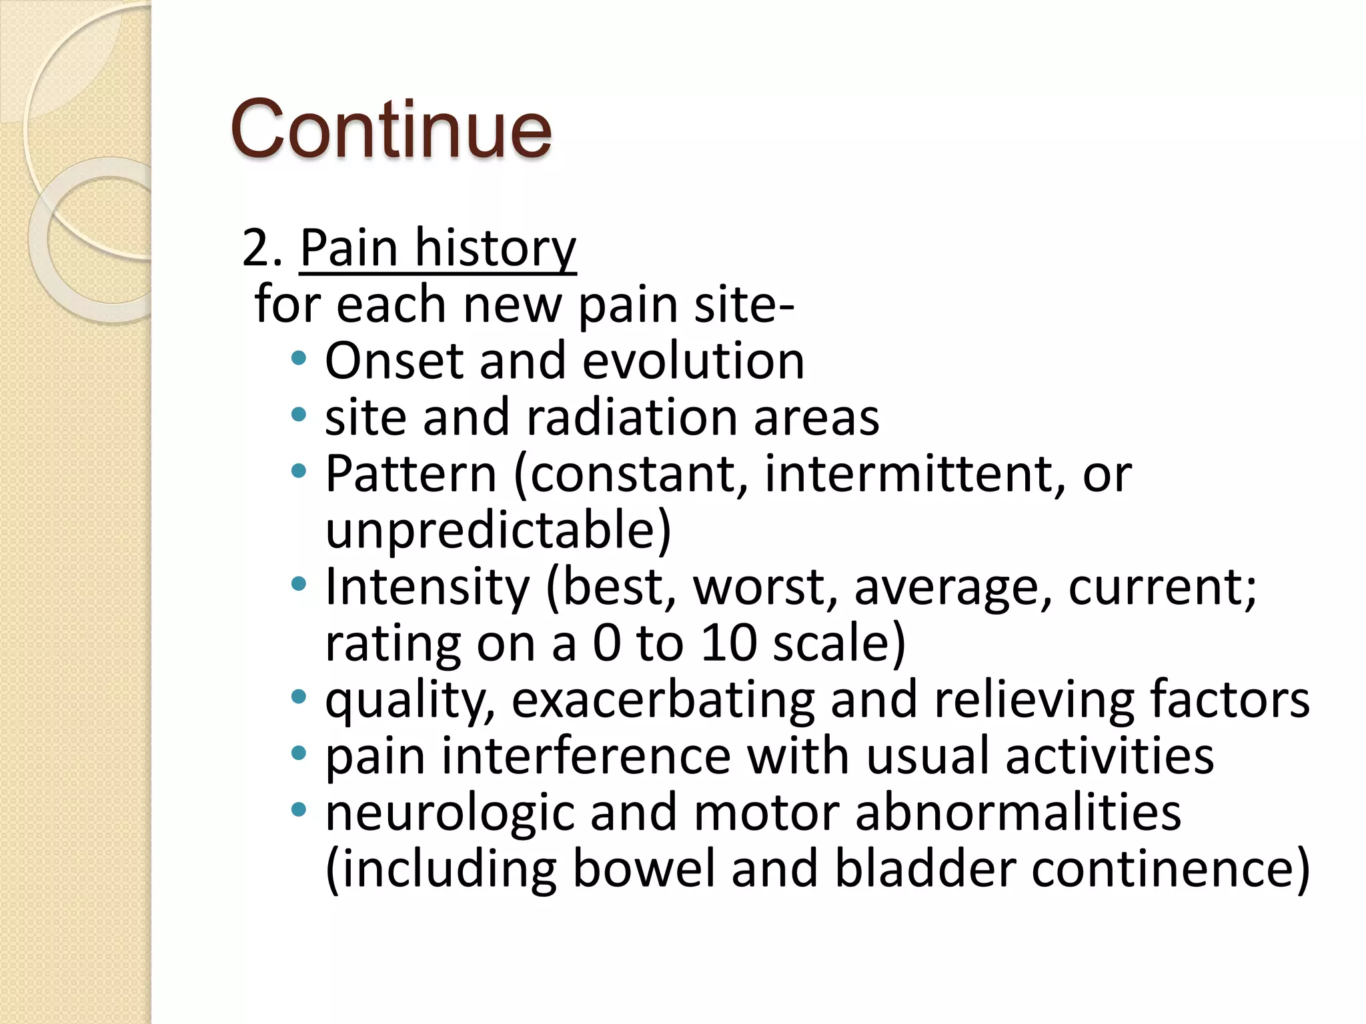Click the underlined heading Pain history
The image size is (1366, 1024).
[438, 248]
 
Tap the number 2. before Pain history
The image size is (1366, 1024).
[261, 248]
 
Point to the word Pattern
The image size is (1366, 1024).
[411, 474]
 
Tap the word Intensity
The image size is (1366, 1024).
[427, 587]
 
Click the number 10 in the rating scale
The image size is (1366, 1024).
[728, 643]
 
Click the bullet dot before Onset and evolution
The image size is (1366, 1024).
[299, 359]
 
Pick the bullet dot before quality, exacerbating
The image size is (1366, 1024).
[299, 698]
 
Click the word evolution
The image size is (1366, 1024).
[694, 361]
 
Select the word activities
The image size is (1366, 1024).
[1109, 756]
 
